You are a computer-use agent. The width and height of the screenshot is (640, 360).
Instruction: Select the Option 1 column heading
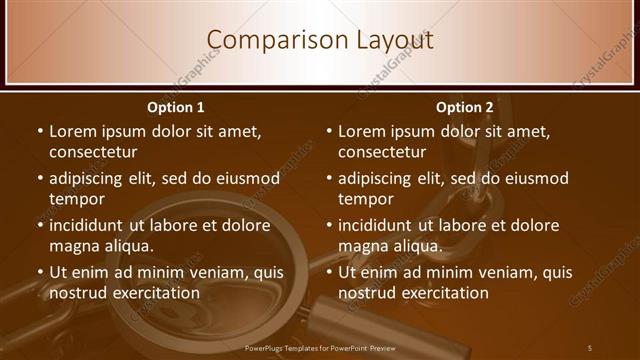coord(176,107)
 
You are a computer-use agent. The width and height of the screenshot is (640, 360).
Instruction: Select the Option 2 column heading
coord(465,107)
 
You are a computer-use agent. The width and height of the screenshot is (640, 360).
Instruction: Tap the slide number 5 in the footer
coord(589,347)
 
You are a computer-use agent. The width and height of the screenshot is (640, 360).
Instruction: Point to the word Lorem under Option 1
coord(72,131)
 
